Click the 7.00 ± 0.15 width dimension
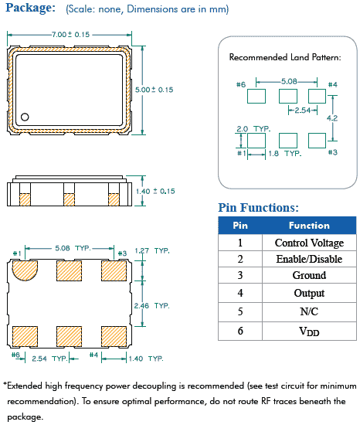click(71, 35)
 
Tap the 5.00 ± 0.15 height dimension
click(155, 90)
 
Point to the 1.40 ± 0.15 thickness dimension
click(155, 191)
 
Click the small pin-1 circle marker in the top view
click(25, 117)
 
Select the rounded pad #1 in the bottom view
click(25, 270)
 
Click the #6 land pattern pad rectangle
click(256, 96)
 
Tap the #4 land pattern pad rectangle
click(317, 96)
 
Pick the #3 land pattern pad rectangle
click(317, 141)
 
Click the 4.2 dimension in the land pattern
click(332, 118)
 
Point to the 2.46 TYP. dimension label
click(151, 306)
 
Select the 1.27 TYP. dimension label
click(152, 250)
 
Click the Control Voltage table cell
click(309, 243)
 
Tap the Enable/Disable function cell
click(309, 259)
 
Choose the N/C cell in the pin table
click(309, 311)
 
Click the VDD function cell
click(309, 331)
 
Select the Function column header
click(309, 226)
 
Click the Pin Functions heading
click(259, 208)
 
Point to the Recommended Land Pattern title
click(285, 57)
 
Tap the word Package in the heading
click(30, 8)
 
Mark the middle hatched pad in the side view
click(69, 199)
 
